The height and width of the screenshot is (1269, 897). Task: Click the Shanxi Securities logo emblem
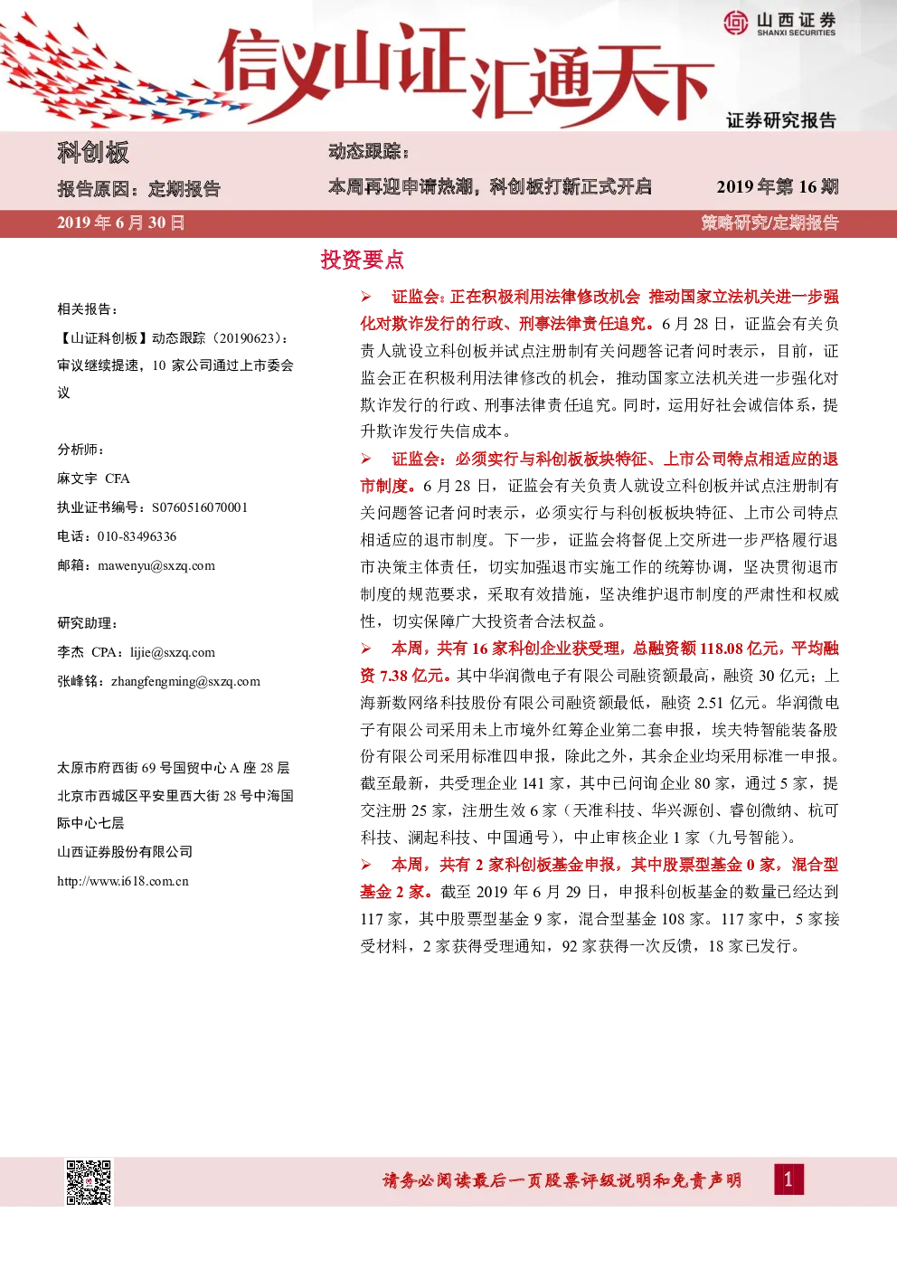736,23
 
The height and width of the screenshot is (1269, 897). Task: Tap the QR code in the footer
89,1182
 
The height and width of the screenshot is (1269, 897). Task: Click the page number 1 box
788,1179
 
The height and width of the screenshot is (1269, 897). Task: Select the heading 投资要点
363,260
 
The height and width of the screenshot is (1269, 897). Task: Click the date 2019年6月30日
120,223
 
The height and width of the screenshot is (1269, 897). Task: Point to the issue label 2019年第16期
778,186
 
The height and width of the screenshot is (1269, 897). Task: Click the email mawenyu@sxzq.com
156,565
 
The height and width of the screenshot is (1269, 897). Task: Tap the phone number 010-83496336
137,536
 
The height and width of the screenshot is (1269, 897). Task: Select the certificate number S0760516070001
200,507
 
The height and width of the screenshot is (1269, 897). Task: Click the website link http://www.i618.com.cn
123,881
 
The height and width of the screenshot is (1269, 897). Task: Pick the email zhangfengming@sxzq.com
185,681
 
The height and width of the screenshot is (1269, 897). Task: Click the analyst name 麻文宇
77,478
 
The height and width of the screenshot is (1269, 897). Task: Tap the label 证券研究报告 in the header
781,120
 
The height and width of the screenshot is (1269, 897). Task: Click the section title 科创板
93,152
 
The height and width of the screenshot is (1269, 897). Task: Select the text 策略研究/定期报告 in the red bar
770,223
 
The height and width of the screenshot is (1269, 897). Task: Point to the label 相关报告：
88,309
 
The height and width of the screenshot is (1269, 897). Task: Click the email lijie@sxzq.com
173,653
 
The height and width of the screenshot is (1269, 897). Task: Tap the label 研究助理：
88,623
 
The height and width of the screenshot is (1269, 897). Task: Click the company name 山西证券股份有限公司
125,852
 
